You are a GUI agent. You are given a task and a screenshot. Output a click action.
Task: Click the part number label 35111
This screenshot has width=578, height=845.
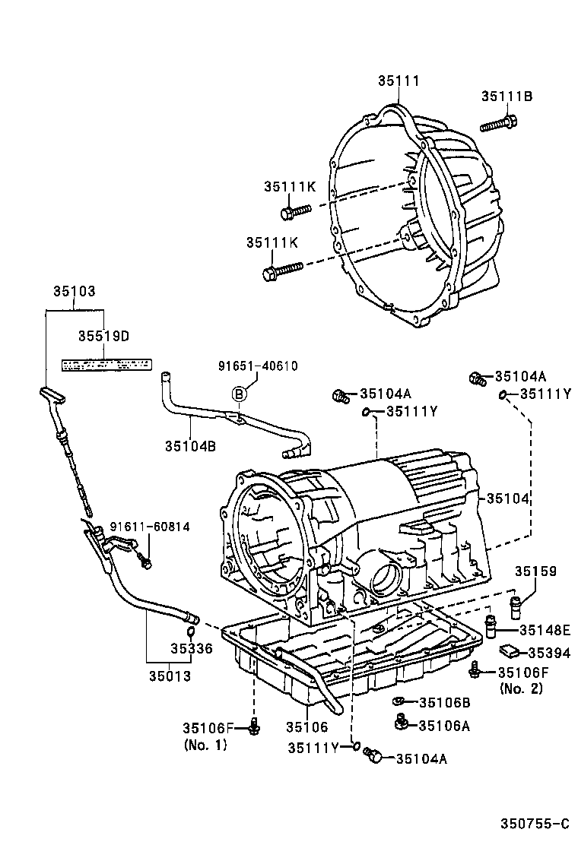(x=399, y=81)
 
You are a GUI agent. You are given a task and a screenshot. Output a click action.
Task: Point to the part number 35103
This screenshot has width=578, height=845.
(x=74, y=290)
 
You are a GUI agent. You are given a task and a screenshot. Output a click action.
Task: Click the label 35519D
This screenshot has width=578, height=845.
(x=103, y=335)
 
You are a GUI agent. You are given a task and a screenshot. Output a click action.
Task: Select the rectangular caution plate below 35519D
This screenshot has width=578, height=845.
(x=105, y=366)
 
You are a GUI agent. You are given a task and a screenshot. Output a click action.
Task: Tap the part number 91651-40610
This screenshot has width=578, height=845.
(x=255, y=366)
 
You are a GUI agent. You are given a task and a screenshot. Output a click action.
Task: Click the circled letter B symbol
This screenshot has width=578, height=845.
(x=239, y=394)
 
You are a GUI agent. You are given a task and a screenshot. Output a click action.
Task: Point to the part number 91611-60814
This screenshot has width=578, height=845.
(x=150, y=527)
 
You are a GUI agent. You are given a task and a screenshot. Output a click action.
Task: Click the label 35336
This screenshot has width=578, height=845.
(x=192, y=649)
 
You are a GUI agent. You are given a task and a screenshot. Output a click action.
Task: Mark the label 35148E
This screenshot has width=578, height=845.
(x=545, y=630)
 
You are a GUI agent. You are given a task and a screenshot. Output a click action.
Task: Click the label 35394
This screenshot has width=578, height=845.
(x=548, y=652)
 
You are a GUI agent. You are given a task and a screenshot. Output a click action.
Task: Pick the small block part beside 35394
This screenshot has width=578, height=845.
(x=509, y=650)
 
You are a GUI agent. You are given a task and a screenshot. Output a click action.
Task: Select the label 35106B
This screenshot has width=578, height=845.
(x=444, y=703)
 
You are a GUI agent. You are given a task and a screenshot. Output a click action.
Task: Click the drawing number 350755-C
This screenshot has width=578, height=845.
(x=534, y=824)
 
